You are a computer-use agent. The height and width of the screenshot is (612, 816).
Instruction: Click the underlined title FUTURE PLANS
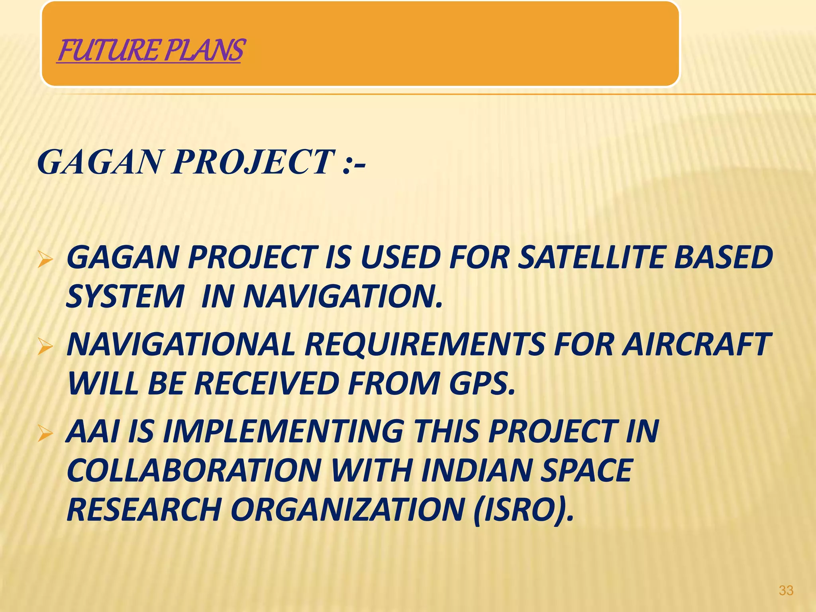pyautogui.click(x=150, y=51)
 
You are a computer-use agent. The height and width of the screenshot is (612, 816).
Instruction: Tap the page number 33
pyautogui.click(x=786, y=590)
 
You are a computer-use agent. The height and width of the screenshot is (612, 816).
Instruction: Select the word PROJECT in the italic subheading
pyautogui.click(x=253, y=162)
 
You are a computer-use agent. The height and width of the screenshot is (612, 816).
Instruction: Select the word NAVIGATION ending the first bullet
pyautogui.click(x=343, y=296)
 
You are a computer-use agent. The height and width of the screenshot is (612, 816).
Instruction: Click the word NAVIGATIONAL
pyautogui.click(x=181, y=345)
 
